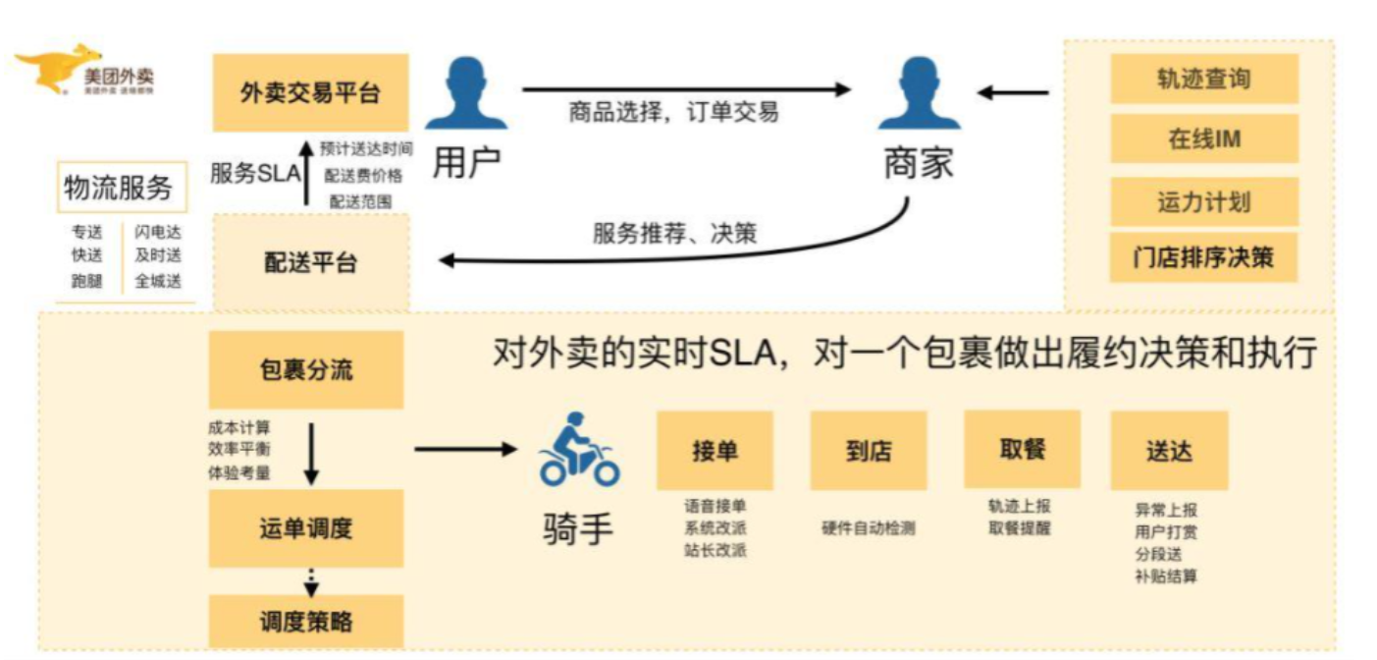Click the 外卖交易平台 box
(x=310, y=93)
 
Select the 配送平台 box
(x=310, y=263)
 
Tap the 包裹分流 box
(x=306, y=370)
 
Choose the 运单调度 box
(x=306, y=528)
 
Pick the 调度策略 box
(x=306, y=622)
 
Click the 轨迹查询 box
(x=1203, y=80)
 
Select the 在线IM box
(x=1203, y=139)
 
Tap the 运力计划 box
(x=1203, y=202)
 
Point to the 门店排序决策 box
(x=1203, y=259)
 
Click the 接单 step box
(x=715, y=451)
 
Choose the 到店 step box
(x=868, y=451)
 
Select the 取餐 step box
(x=1022, y=449)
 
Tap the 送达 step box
(x=1169, y=451)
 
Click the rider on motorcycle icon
(x=579, y=451)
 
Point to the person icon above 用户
(x=465, y=94)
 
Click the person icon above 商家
(x=919, y=94)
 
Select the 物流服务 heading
(x=118, y=188)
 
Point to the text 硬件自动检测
(x=868, y=528)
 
